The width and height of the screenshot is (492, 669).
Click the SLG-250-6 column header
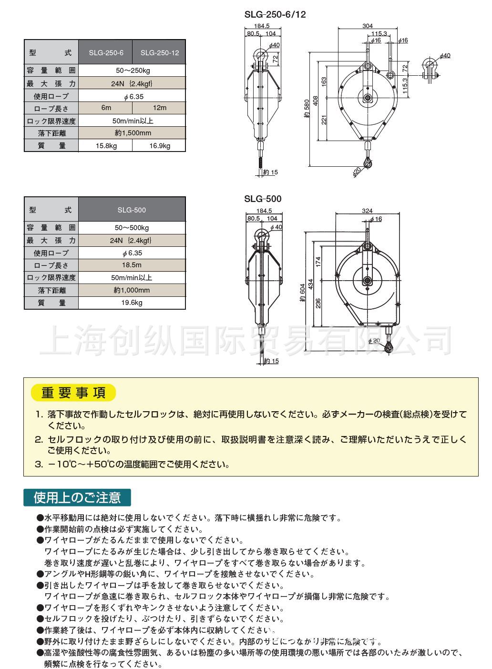[x=105, y=53]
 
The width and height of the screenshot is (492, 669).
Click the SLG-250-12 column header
[x=159, y=53]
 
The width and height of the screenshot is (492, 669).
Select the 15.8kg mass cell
[x=105, y=146]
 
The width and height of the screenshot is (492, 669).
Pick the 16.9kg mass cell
[x=159, y=146]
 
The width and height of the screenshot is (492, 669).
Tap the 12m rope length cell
[x=159, y=108]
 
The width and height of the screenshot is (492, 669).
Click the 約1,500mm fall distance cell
[x=132, y=133]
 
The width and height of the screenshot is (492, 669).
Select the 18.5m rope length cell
[x=132, y=265]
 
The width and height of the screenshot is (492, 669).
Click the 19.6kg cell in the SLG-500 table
[x=132, y=303]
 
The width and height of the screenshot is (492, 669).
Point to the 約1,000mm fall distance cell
[x=132, y=290]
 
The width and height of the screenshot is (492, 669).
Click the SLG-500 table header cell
[x=132, y=210]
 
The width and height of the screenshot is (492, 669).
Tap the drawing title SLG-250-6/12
[x=275, y=14]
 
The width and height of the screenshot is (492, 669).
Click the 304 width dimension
[x=367, y=26]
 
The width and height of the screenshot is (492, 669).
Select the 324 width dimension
[x=367, y=211]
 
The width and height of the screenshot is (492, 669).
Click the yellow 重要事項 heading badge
[x=73, y=393]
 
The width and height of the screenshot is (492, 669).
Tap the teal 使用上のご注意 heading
[x=77, y=498]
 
